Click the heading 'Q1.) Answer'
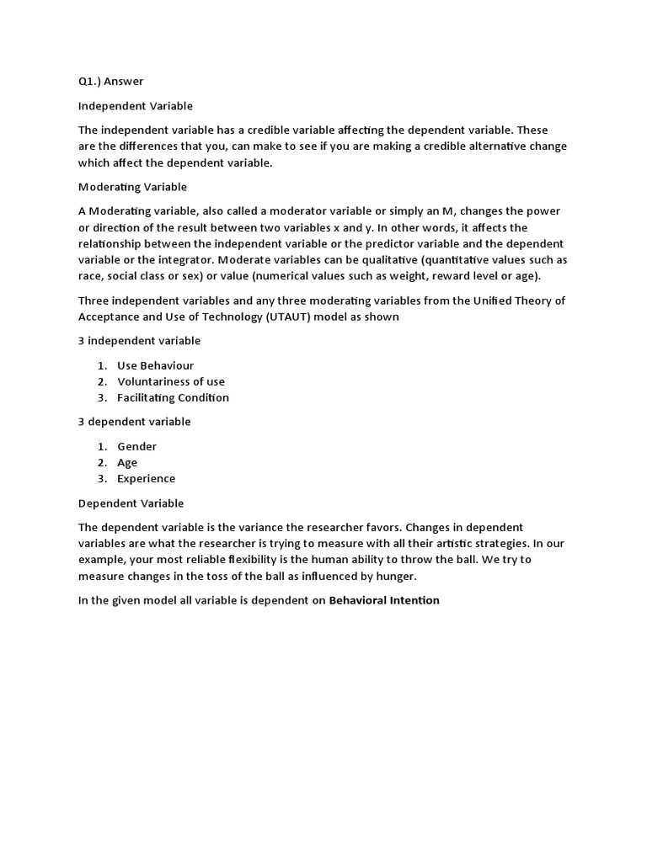pos(110,82)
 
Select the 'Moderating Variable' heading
pos(132,187)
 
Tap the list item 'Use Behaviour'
pos(155,365)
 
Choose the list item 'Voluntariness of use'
pos(171,381)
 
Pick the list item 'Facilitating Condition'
pos(173,397)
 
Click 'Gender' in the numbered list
pos(136,446)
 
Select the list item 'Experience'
pos(147,478)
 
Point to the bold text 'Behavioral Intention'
pos(384,600)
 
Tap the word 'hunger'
pos(395,576)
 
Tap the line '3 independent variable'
pos(139,341)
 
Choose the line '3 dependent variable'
pos(135,422)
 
